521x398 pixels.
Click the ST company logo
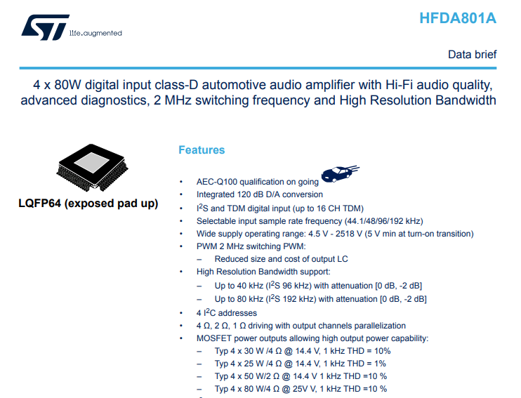coord(46,27)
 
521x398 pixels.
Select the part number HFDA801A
coord(458,18)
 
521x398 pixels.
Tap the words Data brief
coord(472,54)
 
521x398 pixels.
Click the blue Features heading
coord(202,150)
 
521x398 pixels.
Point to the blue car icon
coord(340,174)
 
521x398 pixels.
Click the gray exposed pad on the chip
coord(91,163)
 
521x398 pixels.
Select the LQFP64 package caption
coord(88,204)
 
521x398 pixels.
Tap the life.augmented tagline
coord(95,33)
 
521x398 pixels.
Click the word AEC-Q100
coord(217,182)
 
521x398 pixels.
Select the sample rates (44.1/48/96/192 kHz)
coord(384,221)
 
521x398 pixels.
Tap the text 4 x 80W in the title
coord(57,85)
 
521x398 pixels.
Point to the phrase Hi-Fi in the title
coord(399,85)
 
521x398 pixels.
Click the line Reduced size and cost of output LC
coord(281,259)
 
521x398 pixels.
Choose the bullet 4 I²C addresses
coord(227,312)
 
